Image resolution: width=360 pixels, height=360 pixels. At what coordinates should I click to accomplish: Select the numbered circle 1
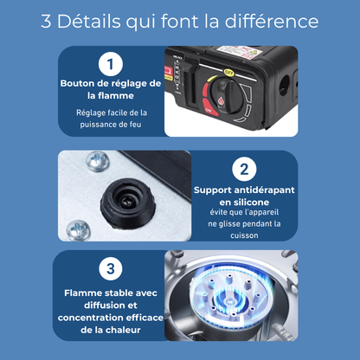coord(110,63)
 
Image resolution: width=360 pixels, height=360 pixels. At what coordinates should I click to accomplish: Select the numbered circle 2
coord(245,169)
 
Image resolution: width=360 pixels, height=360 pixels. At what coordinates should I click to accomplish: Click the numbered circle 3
coord(110,269)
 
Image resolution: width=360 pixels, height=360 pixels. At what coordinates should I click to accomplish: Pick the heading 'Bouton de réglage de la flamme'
coord(110,89)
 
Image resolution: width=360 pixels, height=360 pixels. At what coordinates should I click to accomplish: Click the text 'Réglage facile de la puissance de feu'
coord(111,119)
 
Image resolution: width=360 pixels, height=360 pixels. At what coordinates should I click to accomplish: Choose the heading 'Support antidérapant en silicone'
coord(245,195)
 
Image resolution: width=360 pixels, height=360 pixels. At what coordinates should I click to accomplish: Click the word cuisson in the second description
coord(245,235)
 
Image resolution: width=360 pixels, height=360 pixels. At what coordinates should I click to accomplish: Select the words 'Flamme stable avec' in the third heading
coord(110,292)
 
